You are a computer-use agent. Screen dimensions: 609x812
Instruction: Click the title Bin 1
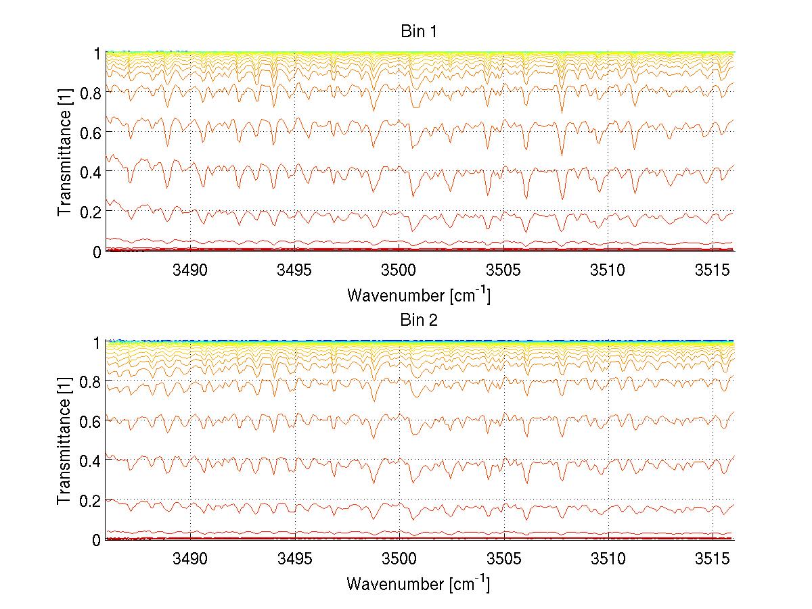420,32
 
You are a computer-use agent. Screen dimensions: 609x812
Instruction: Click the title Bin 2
420,320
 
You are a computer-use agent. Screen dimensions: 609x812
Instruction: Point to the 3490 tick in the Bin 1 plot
190,271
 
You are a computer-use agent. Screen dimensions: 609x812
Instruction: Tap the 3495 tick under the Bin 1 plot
294,271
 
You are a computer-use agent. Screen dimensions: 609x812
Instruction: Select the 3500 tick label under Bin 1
399,271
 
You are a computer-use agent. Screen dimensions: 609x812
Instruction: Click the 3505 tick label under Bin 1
503,271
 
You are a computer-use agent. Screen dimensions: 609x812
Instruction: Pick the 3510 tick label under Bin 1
608,271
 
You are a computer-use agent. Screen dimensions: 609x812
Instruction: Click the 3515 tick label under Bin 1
713,271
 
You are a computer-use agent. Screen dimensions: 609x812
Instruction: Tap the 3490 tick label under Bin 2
190,560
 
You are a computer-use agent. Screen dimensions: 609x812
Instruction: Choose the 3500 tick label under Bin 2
399,560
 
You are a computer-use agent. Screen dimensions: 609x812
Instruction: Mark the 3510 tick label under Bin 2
608,560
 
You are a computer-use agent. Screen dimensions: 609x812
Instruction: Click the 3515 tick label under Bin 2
713,560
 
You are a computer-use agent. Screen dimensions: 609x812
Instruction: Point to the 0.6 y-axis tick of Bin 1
92,132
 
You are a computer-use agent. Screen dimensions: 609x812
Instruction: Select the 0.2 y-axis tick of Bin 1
92,212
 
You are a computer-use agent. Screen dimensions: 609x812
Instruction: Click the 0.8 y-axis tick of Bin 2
92,382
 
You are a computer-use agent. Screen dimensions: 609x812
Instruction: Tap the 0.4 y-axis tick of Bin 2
92,461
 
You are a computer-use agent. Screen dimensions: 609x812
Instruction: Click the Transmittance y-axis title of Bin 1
64,151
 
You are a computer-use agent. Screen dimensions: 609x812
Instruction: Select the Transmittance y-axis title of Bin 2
64,440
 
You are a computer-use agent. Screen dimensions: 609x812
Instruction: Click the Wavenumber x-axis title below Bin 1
418,295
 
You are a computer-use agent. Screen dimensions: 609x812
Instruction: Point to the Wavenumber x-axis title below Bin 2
418,583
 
